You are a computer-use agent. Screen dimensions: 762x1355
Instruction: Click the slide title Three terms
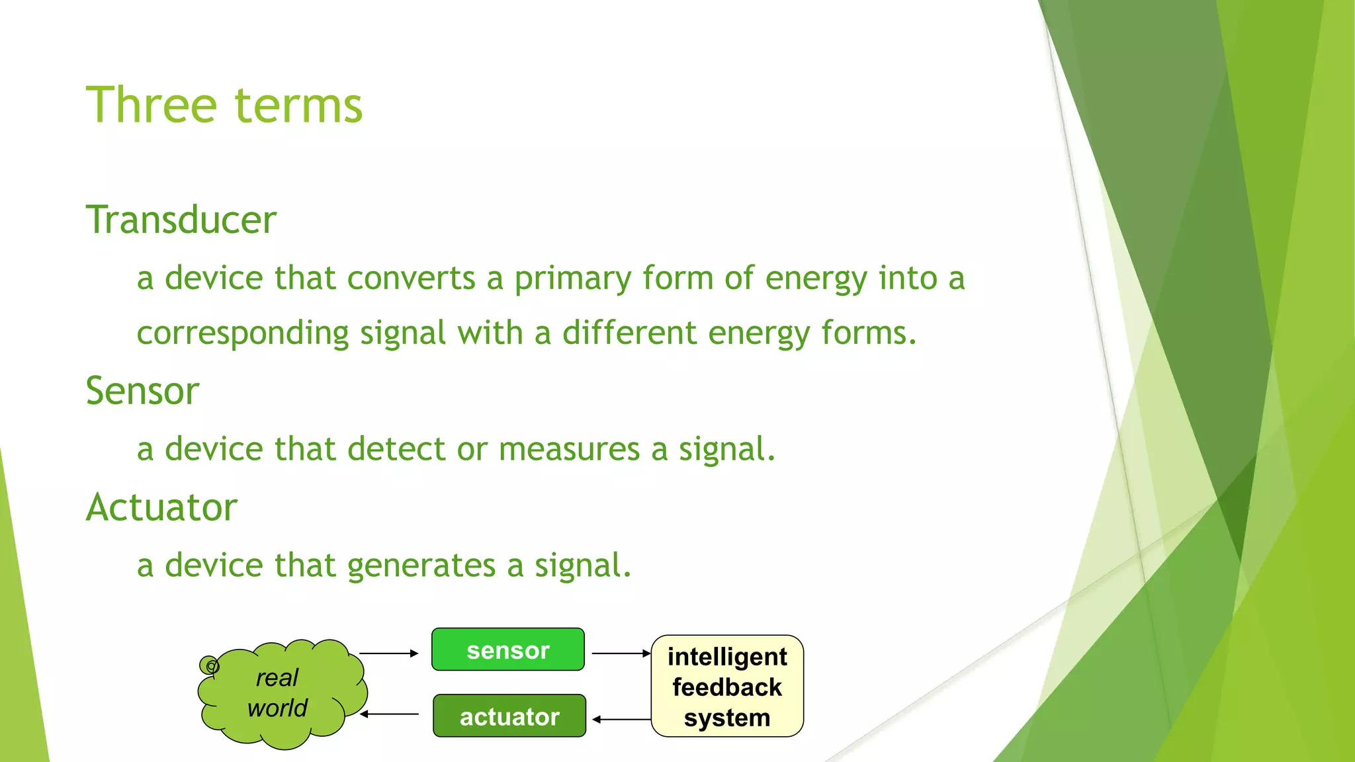tap(224, 105)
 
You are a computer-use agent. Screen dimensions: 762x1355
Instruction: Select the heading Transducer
tap(181, 220)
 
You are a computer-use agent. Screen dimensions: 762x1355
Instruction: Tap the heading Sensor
tap(142, 391)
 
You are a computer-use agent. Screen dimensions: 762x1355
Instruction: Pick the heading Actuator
tap(161, 507)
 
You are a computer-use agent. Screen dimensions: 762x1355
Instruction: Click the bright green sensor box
tap(507, 650)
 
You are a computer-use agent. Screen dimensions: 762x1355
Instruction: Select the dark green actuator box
tap(509, 716)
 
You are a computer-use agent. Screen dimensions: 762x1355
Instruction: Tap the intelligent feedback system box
tap(727, 687)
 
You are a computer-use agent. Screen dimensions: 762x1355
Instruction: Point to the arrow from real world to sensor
tap(388, 654)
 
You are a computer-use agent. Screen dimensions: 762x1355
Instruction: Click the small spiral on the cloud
tap(210, 665)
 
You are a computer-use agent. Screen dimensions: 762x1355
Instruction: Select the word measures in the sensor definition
tap(569, 450)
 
